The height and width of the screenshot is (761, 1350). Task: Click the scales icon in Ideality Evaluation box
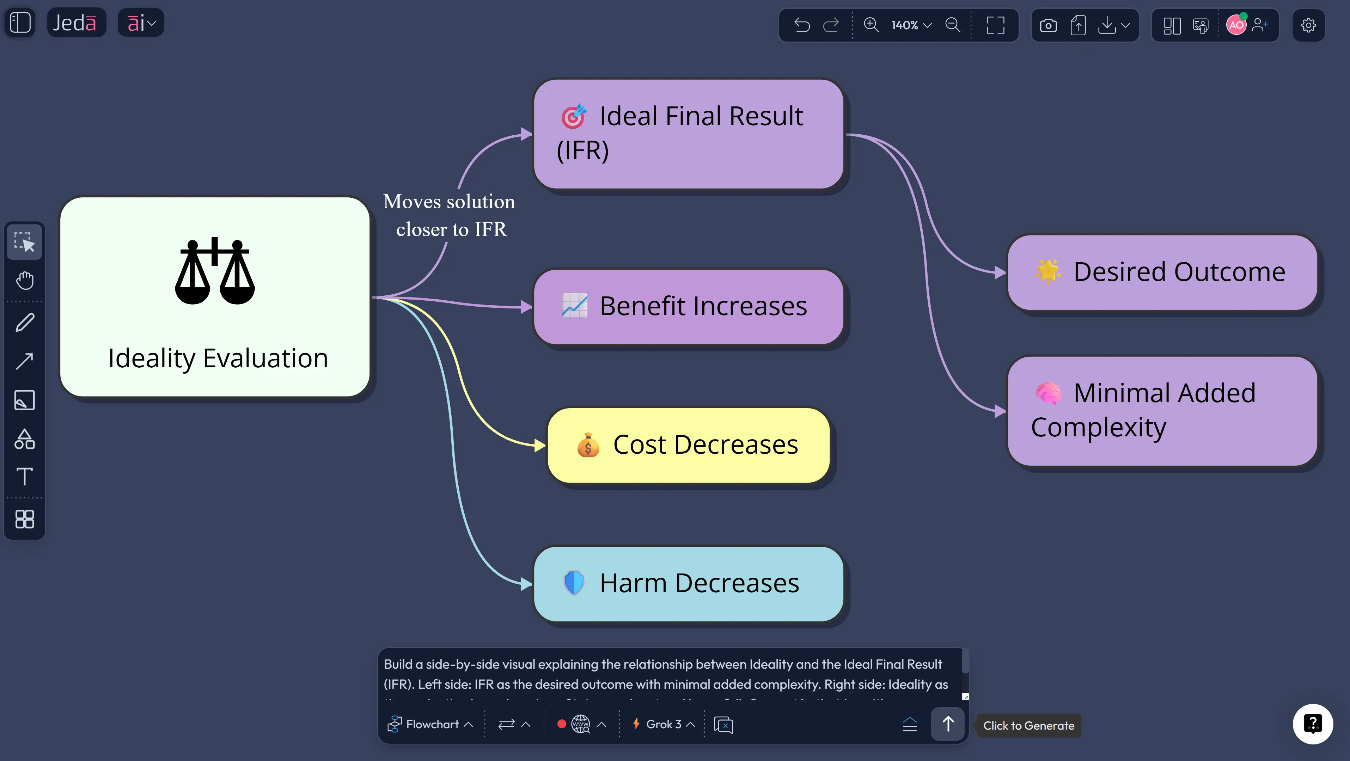coord(215,271)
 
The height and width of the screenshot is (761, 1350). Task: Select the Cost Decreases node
coord(689,445)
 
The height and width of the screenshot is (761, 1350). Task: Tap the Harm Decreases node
coord(689,583)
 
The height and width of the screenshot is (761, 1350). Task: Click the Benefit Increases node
coord(689,307)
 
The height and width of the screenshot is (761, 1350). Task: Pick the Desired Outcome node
coord(1162,272)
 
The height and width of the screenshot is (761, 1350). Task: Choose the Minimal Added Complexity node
coord(1162,410)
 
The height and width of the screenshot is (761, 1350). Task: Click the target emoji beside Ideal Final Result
coord(573,116)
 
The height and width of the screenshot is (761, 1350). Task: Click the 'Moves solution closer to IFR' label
coord(450,215)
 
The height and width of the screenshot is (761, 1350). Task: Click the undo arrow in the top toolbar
coord(802,25)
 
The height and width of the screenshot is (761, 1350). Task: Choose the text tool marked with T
coord(25,477)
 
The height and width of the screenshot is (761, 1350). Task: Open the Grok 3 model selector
coord(664,724)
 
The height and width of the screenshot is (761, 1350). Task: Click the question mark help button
coord(1312,724)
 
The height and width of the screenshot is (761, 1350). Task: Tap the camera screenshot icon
coord(1048,25)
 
